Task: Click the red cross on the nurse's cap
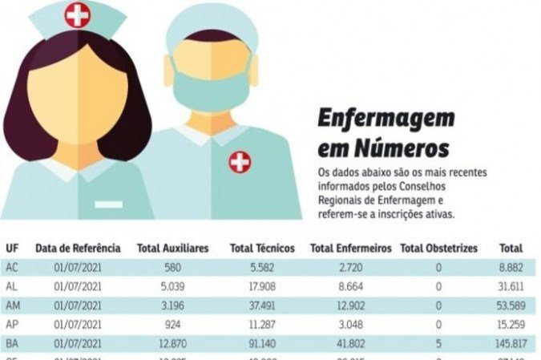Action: [x=78, y=14]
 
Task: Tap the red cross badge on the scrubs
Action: [x=239, y=162]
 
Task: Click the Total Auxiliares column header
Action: [x=172, y=249]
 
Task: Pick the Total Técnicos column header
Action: [x=262, y=249]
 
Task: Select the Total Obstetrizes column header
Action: [x=438, y=249]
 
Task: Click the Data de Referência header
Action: [x=78, y=249]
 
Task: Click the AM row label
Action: [x=12, y=305]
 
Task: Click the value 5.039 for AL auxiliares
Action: [x=172, y=286]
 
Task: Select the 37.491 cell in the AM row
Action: [x=262, y=305]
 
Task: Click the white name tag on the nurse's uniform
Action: [x=109, y=204]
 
